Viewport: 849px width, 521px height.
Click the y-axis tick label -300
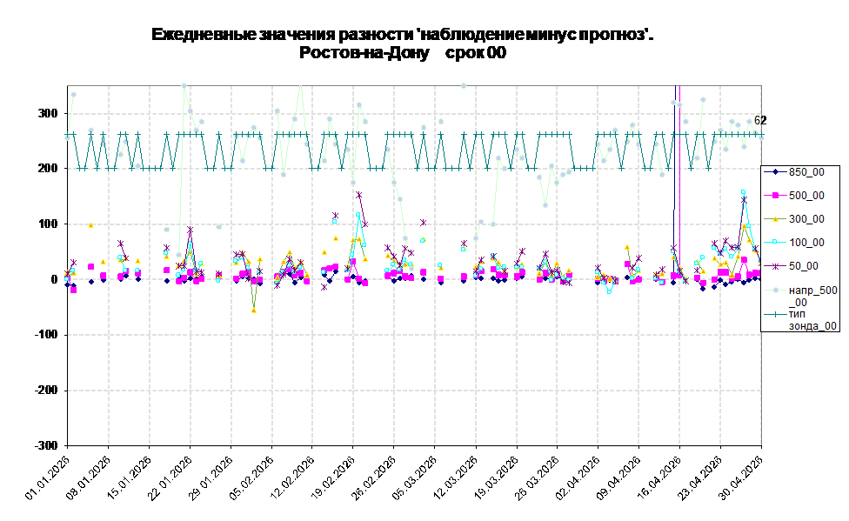[47, 445]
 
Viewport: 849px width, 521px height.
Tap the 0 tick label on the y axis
[55, 279]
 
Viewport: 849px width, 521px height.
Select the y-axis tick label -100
[47, 335]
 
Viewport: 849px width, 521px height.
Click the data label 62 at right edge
[760, 120]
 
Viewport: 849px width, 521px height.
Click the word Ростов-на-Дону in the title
[364, 53]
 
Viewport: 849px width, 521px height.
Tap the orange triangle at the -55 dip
[253, 311]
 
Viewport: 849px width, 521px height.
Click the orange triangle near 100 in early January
[91, 225]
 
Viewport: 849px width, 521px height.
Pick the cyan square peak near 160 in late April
[744, 191]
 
